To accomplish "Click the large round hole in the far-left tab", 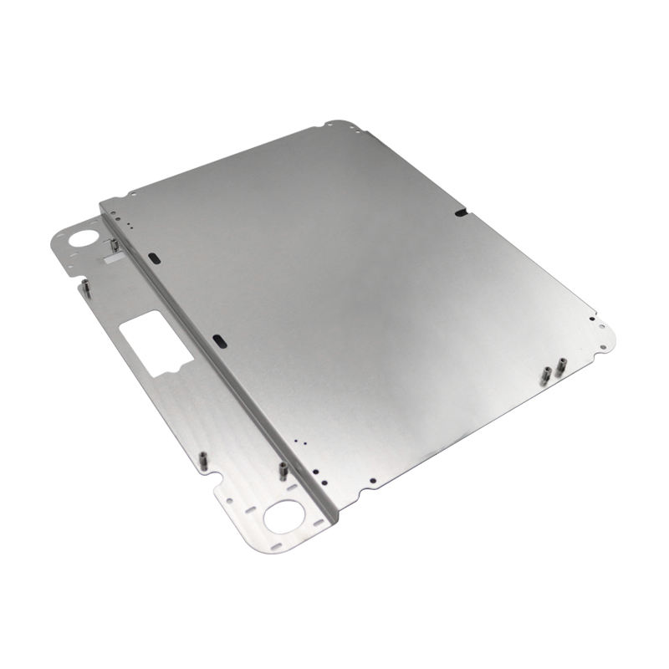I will click(84, 237).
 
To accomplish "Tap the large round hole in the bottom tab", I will click(284, 516).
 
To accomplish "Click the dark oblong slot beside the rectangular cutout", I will click(219, 340).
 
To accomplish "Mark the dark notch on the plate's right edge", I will click(461, 213).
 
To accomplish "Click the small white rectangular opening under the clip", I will click(109, 260).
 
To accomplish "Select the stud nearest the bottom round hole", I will click(283, 472).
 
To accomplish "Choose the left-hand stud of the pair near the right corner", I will click(546, 374).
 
